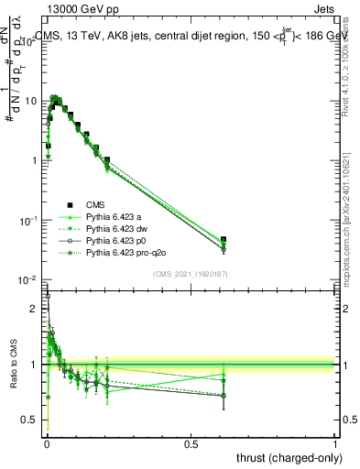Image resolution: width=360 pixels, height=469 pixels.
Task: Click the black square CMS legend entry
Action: pos(70,204)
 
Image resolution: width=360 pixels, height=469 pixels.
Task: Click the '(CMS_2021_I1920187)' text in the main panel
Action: pos(190,274)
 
